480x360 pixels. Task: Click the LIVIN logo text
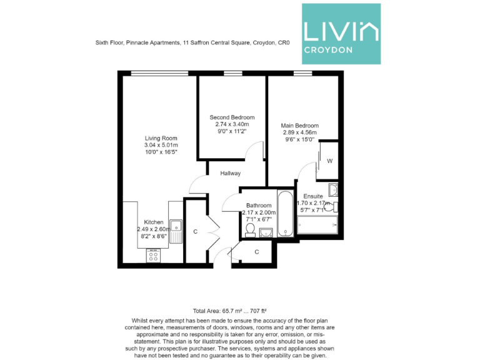pos(341,30)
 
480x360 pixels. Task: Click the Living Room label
pos(161,138)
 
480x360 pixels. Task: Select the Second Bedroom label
pos(232,117)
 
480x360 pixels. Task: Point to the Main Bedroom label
pos(299,125)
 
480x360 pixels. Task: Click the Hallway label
pos(230,173)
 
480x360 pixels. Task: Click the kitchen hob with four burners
pos(152,255)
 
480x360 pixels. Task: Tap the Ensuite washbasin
pos(332,190)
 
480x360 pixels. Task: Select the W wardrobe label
pos(329,161)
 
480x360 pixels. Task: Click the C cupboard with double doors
pos(195,232)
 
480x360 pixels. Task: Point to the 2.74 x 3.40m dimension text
pos(232,124)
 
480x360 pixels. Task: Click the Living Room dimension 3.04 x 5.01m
pos(161,146)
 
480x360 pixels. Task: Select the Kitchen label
pos(154,222)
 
